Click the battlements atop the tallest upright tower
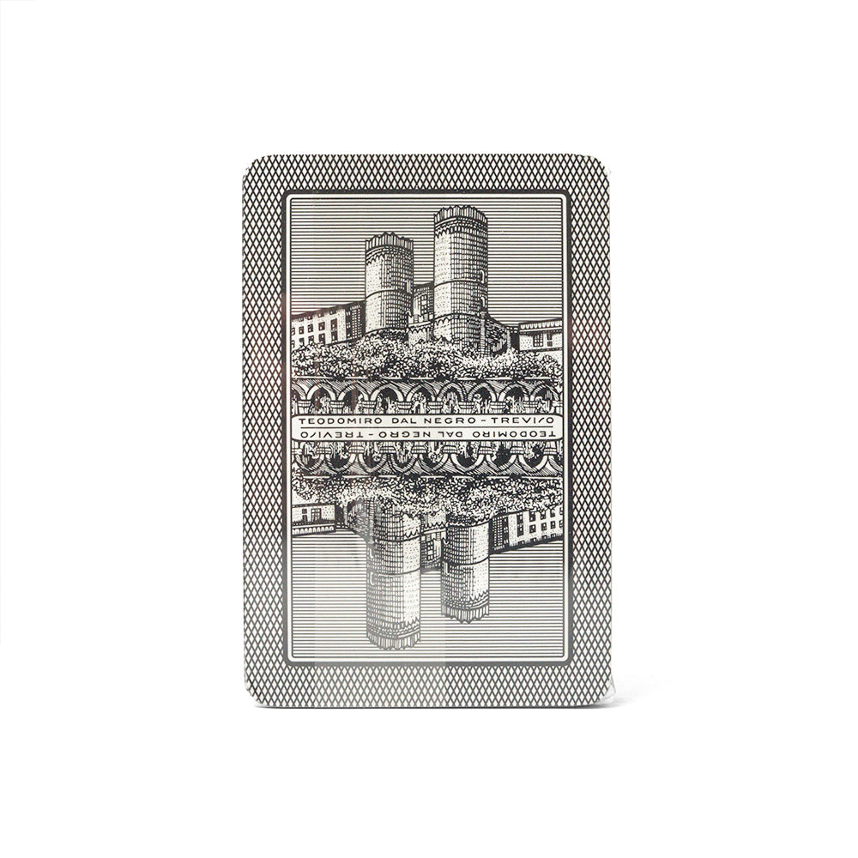[x=460, y=214]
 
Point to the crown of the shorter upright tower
[x=389, y=241]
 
